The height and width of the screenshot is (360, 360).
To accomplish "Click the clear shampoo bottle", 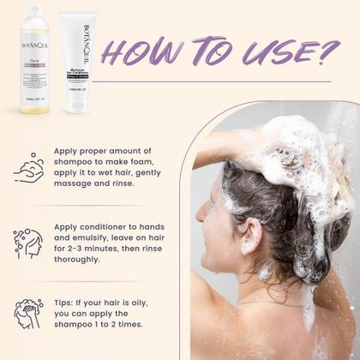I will [x=37, y=65].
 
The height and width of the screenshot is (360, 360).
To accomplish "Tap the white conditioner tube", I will [x=78, y=63].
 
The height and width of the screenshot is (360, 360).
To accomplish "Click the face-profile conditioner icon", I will [x=29, y=243].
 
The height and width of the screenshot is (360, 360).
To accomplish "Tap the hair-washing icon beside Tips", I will [x=29, y=312].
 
